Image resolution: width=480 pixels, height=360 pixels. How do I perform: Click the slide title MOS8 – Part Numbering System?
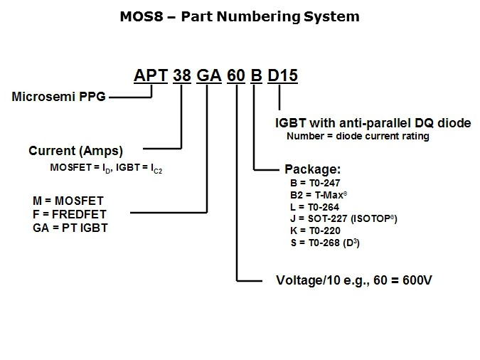tap(239, 16)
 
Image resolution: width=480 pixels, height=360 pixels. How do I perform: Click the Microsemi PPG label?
tap(58, 97)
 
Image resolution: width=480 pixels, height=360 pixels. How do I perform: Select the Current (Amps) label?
tap(75, 151)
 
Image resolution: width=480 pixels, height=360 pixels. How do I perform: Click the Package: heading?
tap(312, 170)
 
